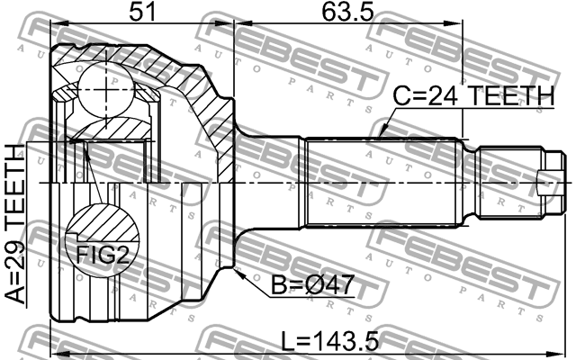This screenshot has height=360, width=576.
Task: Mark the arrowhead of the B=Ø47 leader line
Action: [236, 271]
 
